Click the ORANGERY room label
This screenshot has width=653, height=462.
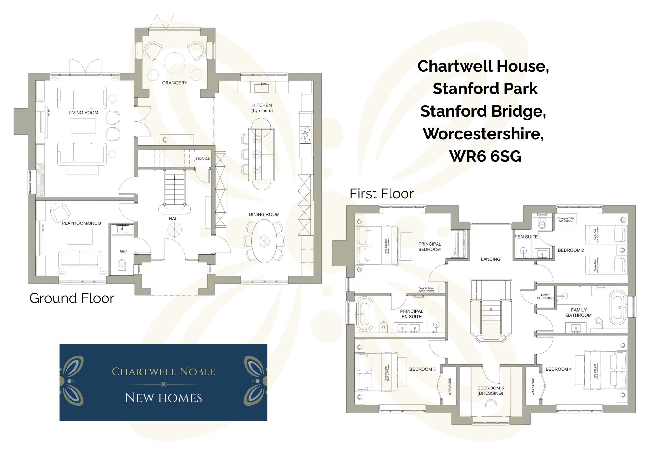(175, 83)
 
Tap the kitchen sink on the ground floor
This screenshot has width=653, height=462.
(262, 88)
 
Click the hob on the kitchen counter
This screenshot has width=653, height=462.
(306, 135)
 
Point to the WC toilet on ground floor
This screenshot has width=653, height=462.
(122, 264)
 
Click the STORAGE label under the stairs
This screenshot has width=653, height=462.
(202, 159)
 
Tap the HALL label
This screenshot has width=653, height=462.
(174, 219)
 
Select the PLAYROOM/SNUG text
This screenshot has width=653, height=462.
(81, 223)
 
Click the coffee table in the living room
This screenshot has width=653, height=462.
(83, 126)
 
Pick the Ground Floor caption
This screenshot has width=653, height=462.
(72, 298)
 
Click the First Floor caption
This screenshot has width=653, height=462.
(381, 194)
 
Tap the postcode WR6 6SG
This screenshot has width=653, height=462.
(485, 156)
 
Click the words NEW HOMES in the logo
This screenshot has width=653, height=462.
(164, 398)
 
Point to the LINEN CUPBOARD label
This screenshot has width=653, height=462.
(545, 297)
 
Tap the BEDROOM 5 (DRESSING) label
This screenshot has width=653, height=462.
(490, 391)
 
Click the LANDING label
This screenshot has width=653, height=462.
(490, 259)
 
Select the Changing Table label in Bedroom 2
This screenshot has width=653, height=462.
(566, 220)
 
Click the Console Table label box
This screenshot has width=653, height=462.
(426, 289)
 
